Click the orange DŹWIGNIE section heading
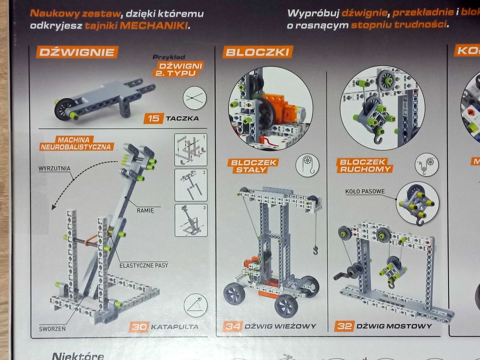point(77,52)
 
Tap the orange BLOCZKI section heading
point(258,52)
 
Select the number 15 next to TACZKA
point(153,119)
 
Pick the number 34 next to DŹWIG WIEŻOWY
point(233,326)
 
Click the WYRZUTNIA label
point(55,168)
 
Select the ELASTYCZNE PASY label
point(144,265)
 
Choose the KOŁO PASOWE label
point(366,192)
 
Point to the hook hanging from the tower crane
point(315,250)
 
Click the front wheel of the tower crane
point(286,306)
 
